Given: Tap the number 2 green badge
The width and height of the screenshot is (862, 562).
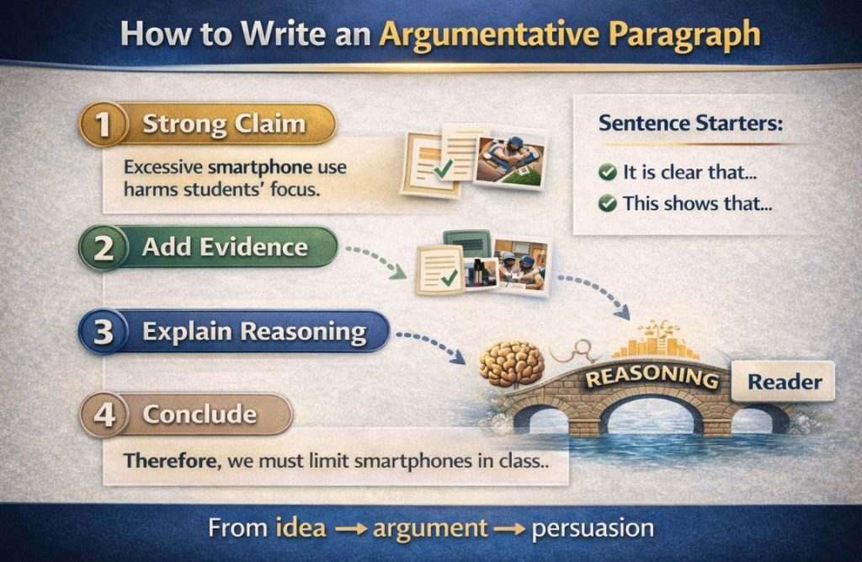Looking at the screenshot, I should click(x=103, y=247).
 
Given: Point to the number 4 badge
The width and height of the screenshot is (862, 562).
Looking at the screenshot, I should click(x=103, y=415).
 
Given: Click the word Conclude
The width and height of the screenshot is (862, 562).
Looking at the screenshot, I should click(x=200, y=415).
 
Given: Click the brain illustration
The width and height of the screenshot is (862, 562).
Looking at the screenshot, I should click(x=511, y=362).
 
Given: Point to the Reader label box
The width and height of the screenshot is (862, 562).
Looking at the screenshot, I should click(x=785, y=382).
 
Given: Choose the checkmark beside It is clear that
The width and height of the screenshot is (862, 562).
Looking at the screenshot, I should click(x=607, y=173).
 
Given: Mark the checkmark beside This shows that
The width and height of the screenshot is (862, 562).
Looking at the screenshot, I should click(x=607, y=204).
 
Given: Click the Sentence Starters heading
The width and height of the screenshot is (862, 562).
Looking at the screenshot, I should click(x=690, y=123).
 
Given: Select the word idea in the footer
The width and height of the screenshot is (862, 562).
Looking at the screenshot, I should click(x=300, y=528).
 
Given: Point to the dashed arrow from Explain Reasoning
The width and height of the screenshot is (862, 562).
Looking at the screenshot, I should click(x=429, y=345).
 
